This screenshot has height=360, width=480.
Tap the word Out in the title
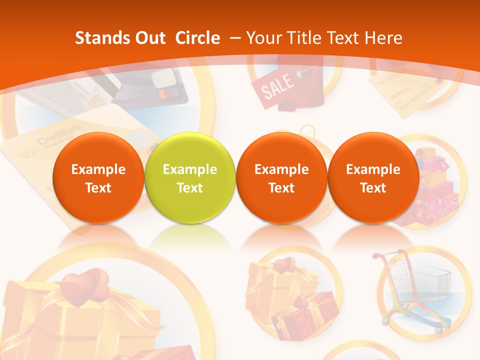point(148,38)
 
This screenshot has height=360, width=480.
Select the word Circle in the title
point(197,38)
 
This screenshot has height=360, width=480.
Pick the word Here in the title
point(383,38)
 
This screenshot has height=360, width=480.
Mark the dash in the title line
point(234,38)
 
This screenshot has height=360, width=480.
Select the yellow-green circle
point(189,177)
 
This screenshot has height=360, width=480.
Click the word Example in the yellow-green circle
point(189,169)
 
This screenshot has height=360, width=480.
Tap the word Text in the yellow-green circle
point(189,188)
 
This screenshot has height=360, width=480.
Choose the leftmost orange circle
point(98,177)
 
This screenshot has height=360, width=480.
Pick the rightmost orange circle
point(373,177)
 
